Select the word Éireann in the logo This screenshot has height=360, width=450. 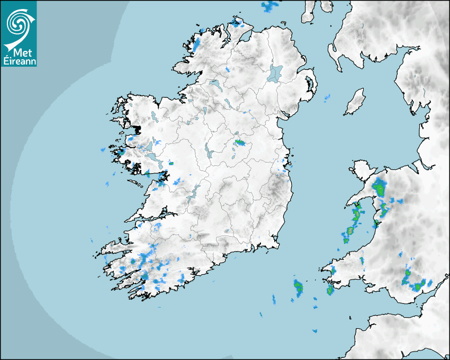19,62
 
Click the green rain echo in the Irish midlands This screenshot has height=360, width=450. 240,142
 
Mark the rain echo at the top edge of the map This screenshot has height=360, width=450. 271,6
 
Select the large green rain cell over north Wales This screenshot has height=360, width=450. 379,187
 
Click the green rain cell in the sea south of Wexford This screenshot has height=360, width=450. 299,288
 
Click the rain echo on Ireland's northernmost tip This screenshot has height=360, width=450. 237,23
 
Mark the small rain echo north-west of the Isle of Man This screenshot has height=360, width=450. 327,97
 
